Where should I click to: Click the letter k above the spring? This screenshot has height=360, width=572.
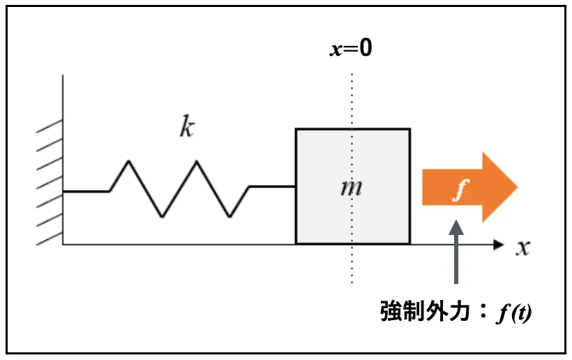tap(187, 126)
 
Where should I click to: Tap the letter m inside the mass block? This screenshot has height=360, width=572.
tap(352, 188)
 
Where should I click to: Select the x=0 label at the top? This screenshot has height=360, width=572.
tap(351, 47)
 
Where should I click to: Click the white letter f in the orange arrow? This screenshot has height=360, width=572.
tap(460, 190)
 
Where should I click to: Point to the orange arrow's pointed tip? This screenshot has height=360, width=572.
tap(518, 187)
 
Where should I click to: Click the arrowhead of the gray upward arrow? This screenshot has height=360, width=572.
tap(456, 227)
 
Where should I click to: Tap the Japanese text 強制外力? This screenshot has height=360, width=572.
tap(425, 311)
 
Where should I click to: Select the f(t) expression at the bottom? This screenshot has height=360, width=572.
tap(513, 313)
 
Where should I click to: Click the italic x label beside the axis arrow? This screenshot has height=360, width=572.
tap(522, 248)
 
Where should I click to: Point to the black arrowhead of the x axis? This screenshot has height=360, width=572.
tap(499, 244)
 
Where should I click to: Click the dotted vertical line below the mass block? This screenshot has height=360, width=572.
tap(352, 264)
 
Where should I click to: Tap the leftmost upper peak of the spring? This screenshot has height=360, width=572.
tap(129, 161)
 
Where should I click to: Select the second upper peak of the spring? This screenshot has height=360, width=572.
tap(197, 161)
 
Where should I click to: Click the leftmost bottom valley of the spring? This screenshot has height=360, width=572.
tap(163, 217)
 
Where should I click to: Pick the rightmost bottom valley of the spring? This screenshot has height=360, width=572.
tap(229, 217)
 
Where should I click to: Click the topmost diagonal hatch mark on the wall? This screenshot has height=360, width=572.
tap(50, 126)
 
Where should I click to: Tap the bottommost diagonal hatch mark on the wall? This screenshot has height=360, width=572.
tap(50, 239)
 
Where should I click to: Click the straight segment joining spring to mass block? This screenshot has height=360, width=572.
tap(272, 186)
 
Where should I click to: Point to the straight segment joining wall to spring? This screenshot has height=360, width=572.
tap(86, 191)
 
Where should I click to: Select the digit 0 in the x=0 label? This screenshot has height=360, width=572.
tap(366, 47)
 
